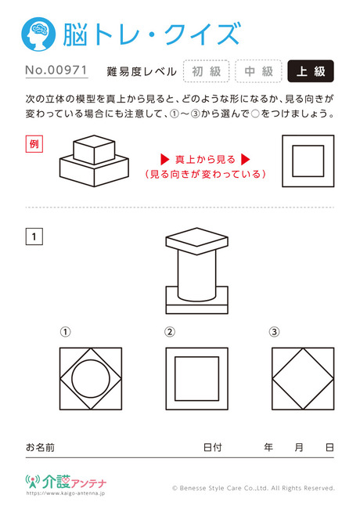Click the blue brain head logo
(38, 34)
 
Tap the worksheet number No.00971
(56, 70)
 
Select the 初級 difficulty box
(207, 71)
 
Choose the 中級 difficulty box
(258, 71)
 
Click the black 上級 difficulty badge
(311, 71)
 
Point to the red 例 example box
(34, 144)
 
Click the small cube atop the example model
(94, 150)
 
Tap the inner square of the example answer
(308, 161)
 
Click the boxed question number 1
(34, 236)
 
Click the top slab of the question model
(197, 241)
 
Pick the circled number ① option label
(65, 332)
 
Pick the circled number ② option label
(170, 332)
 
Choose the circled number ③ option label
(274, 332)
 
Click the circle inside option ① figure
(91, 359)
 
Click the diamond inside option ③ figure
(287, 363)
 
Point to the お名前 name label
(40, 447)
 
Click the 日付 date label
(212, 447)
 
